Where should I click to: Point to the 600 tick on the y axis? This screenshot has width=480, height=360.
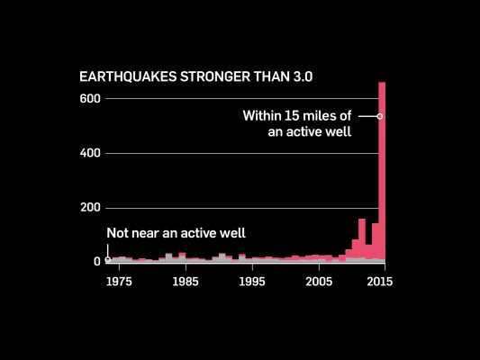click(x=91, y=98)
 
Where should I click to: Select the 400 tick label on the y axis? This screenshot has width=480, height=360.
click(x=91, y=153)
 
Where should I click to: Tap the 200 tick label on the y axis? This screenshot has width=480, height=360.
click(x=91, y=207)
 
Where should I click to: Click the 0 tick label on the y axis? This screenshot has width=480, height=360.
click(x=96, y=261)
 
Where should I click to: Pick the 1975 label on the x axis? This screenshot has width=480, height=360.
click(x=119, y=281)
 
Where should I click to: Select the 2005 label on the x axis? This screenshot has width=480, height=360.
click(x=318, y=281)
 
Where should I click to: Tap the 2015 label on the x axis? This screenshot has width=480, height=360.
click(x=381, y=281)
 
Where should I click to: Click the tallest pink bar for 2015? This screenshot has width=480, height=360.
click(x=382, y=180)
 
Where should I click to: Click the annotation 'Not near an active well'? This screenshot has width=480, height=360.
click(x=176, y=233)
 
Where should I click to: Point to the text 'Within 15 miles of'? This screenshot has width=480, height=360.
click(x=296, y=115)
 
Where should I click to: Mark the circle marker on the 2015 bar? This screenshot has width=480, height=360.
click(x=380, y=116)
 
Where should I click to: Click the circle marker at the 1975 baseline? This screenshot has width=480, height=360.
click(x=108, y=260)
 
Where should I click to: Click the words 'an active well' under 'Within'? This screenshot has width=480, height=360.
click(x=309, y=132)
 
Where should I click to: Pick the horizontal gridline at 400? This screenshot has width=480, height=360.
click(x=234, y=153)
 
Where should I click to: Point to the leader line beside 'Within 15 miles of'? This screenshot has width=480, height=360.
click(x=367, y=116)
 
